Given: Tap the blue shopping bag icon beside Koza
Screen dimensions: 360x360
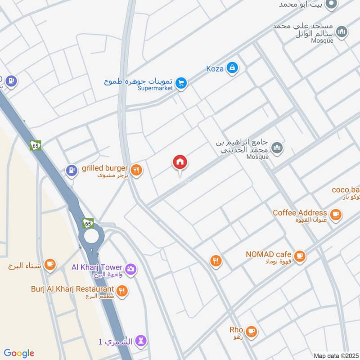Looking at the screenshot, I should (232, 68).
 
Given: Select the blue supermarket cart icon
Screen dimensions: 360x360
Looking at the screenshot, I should (181, 83).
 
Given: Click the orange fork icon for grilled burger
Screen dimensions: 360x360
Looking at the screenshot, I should (137, 170).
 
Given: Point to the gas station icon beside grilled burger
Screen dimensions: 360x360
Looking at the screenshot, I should (71, 170).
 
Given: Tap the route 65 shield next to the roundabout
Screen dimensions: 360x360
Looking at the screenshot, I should (88, 223).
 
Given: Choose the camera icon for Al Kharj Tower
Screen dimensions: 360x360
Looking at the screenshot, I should (131, 269).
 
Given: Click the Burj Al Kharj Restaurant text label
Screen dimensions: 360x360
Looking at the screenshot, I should (72, 288).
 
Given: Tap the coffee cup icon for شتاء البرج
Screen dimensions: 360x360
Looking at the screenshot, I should (50, 265).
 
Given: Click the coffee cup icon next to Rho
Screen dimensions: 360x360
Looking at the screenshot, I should (252, 332).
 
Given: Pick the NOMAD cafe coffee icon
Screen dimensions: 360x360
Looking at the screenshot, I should (300, 256).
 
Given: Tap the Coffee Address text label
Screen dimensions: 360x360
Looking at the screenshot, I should (300, 212).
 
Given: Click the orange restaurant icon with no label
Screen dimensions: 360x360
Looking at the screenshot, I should (216, 261).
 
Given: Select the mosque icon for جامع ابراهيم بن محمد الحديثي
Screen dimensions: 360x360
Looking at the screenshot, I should (278, 147).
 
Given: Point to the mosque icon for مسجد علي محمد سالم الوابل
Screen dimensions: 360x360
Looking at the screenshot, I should (342, 32).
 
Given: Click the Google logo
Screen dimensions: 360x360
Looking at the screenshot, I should (19, 353).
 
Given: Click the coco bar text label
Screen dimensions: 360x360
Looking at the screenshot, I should (346, 189).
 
